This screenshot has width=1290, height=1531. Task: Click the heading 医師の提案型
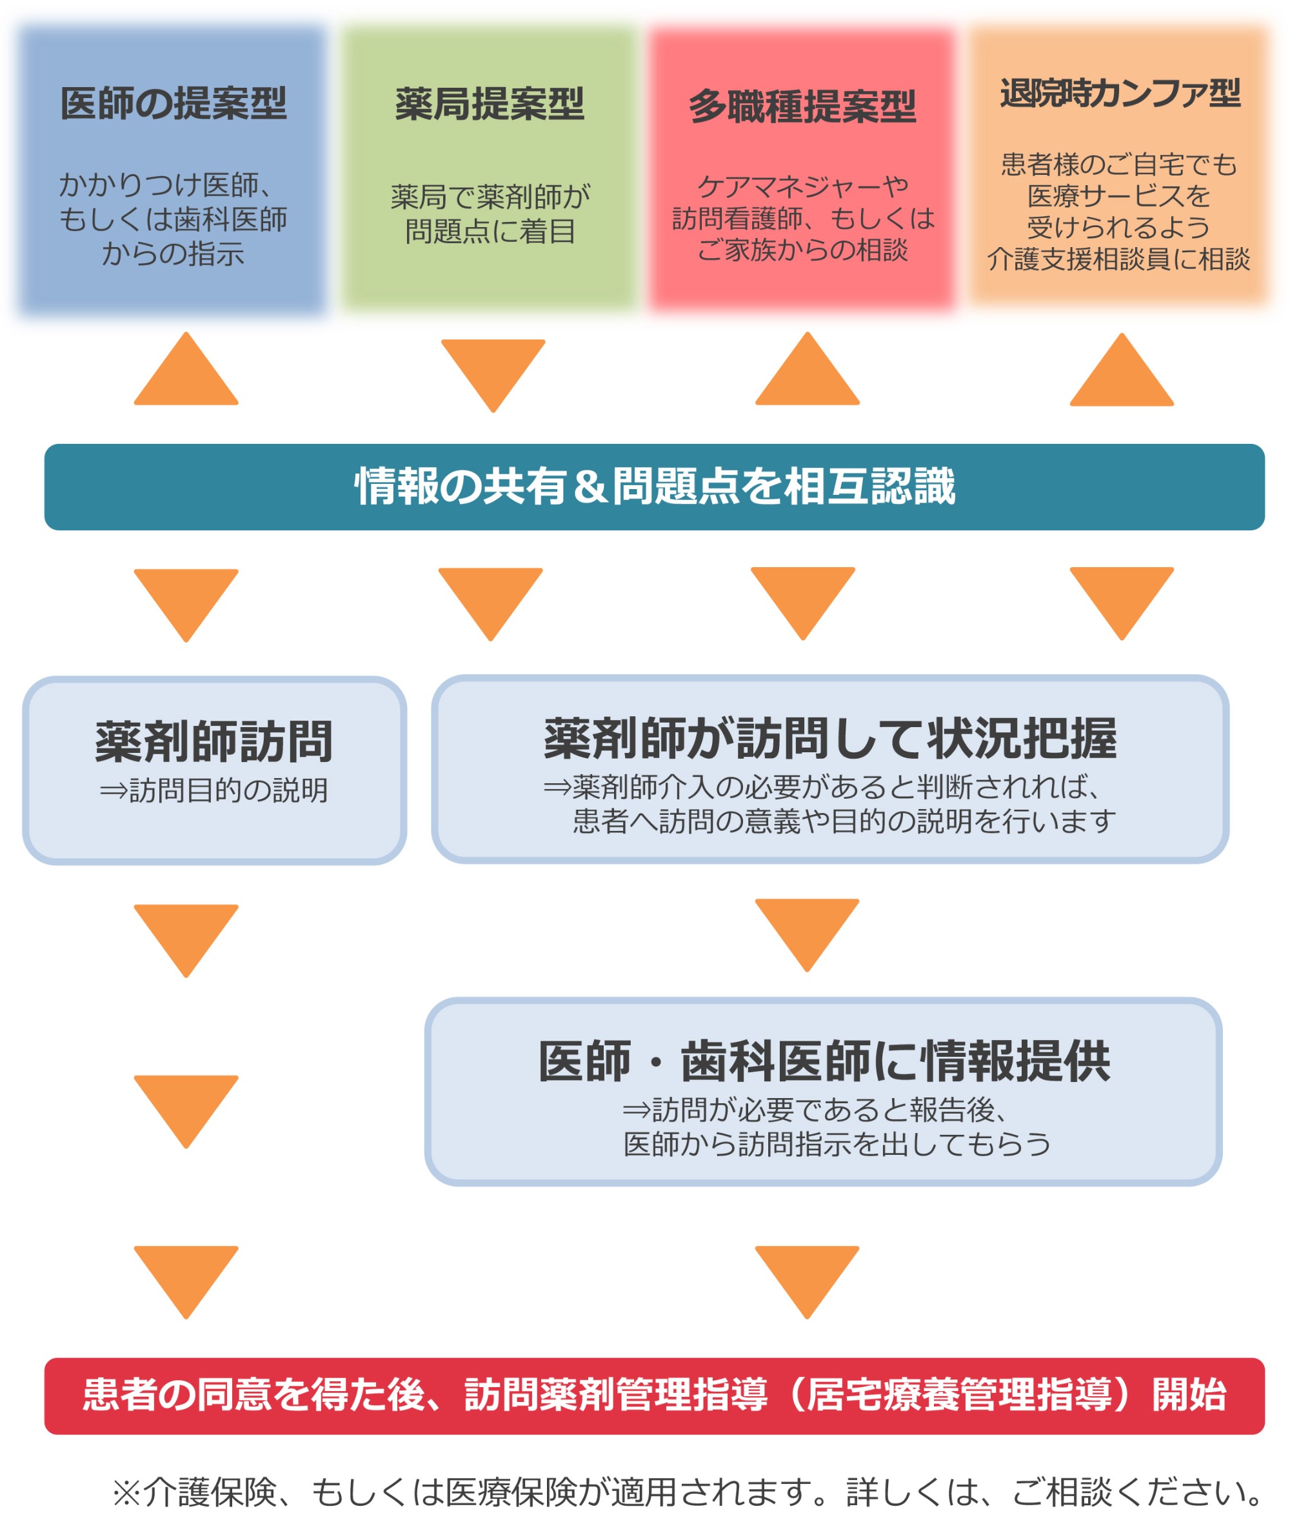pyautogui.click(x=174, y=103)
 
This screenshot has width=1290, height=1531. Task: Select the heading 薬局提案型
pyautogui.click(x=490, y=104)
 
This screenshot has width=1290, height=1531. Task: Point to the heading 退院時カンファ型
pyautogui.click(x=1119, y=93)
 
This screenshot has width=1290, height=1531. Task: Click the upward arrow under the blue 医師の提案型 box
pyautogui.click(x=186, y=372)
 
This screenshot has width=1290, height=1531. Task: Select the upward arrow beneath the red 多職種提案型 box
pyautogui.click(x=807, y=372)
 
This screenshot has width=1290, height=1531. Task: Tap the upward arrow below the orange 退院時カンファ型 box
pyautogui.click(x=1120, y=372)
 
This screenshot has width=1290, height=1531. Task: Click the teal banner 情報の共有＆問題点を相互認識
pyautogui.click(x=654, y=486)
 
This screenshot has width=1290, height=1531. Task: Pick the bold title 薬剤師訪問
pyautogui.click(x=213, y=741)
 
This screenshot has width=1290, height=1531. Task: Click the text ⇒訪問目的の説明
pyautogui.click(x=213, y=790)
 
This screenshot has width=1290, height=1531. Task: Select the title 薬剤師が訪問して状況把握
pyautogui.click(x=829, y=738)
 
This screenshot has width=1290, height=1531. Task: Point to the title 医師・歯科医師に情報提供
pyautogui.click(x=824, y=1061)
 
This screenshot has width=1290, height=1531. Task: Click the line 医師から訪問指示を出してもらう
pyautogui.click(x=837, y=1144)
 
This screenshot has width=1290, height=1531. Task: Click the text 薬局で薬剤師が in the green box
pyautogui.click(x=490, y=196)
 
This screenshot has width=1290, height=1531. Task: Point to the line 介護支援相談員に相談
pyautogui.click(x=1118, y=259)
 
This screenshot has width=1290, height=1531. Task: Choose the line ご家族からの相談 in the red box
pyautogui.click(x=802, y=250)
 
